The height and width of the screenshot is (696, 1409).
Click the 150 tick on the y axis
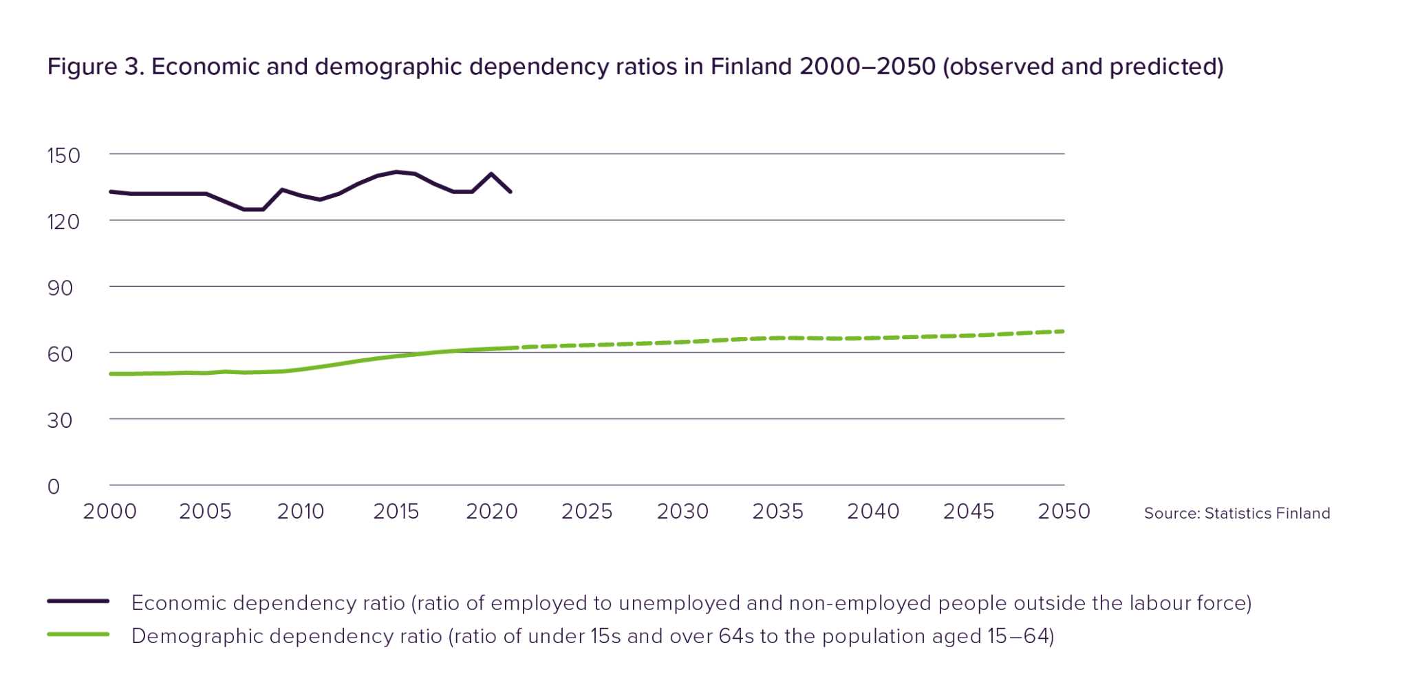tap(63, 155)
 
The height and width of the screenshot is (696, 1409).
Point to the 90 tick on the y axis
tap(60, 288)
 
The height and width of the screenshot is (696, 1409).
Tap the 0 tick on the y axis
tap(54, 487)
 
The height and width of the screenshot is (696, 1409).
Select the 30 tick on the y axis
tap(60, 420)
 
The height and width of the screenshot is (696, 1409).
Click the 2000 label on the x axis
tap(109, 512)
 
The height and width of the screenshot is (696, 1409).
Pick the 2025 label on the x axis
tap(586, 512)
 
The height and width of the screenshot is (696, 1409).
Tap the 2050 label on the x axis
tap(1064, 512)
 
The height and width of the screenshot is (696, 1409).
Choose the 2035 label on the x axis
tap(777, 512)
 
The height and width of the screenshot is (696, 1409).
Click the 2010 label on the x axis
tap(301, 512)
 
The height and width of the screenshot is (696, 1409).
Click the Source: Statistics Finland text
tap(1236, 514)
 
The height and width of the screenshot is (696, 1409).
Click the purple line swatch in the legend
tap(78, 601)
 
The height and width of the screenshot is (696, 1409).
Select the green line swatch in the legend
tap(78, 634)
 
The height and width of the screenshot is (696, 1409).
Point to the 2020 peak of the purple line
tap(491, 173)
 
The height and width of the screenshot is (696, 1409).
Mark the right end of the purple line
tap(510, 192)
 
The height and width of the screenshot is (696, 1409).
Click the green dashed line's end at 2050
tap(1064, 331)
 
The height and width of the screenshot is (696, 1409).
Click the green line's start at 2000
tap(110, 373)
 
